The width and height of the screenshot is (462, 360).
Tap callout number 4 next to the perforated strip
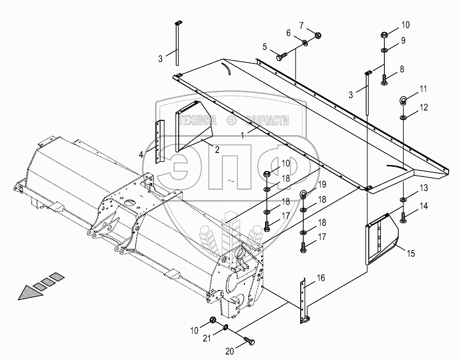pos(141,154)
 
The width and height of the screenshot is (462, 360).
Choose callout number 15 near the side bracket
pos(411,253)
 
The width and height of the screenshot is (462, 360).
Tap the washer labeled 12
pos(403,118)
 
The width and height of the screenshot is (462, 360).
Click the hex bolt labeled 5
pos(281,56)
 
